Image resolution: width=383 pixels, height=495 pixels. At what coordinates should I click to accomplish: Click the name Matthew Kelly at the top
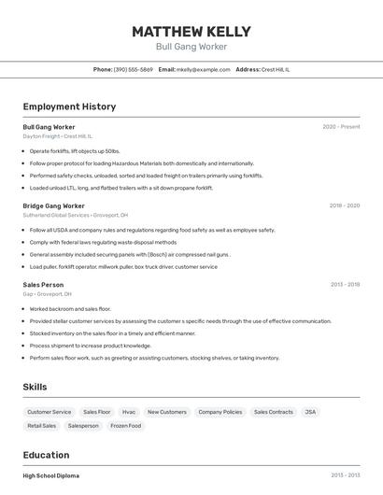(x=191, y=32)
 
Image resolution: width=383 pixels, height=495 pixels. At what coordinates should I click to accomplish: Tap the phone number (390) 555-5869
(x=133, y=69)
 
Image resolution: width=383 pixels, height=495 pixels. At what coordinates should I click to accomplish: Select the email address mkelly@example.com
(x=204, y=69)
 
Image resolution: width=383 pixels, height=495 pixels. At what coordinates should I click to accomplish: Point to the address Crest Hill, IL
(x=276, y=69)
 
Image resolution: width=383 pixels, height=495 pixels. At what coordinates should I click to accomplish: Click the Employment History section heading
(x=69, y=106)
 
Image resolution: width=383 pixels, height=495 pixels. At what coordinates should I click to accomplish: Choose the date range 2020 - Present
(x=341, y=126)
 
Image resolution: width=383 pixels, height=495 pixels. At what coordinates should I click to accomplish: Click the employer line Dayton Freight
(x=57, y=135)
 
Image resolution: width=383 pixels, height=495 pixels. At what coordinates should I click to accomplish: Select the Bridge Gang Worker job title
(x=53, y=205)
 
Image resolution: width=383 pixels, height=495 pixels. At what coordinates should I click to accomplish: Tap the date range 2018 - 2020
(x=344, y=205)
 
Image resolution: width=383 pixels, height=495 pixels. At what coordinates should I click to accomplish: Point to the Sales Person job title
(x=43, y=285)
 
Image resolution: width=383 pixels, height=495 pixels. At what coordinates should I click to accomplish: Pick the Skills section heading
(x=35, y=387)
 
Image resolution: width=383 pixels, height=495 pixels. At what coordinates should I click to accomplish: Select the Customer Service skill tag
(x=49, y=412)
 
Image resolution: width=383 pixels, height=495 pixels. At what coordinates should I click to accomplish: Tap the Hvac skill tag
(x=129, y=412)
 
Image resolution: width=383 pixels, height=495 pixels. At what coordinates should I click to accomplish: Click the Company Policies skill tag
(x=220, y=412)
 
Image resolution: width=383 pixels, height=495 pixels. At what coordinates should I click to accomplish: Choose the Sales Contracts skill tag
(x=273, y=412)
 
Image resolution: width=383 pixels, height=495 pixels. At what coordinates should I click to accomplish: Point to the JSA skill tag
(x=310, y=412)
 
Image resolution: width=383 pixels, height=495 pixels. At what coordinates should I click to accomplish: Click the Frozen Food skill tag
(x=125, y=426)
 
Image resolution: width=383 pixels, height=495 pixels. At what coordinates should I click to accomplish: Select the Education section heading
(x=47, y=455)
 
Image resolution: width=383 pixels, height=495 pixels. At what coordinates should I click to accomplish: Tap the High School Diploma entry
(x=50, y=475)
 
